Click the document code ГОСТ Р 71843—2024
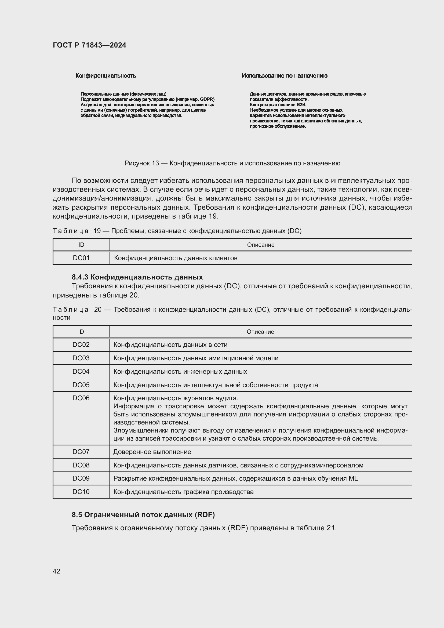click(89, 45)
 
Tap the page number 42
click(56, 571)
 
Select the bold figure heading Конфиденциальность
click(105, 76)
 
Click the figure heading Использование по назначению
click(284, 76)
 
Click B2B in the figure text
click(301, 105)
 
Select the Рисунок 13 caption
click(232, 163)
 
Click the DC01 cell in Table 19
click(81, 258)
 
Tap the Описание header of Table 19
click(261, 245)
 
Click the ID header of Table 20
click(81, 332)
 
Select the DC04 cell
click(81, 371)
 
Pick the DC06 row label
click(81, 398)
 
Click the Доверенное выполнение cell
click(152, 452)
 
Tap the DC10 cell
click(81, 492)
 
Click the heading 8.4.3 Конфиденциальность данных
click(137, 277)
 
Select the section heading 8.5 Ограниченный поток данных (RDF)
click(143, 515)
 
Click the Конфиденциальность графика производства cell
click(183, 492)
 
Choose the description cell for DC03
click(196, 358)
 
